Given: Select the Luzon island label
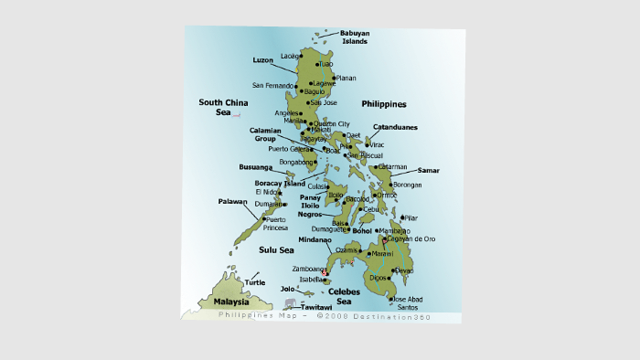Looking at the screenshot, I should (263, 59).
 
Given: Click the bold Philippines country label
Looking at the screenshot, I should (383, 104).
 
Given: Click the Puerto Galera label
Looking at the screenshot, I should (289, 148).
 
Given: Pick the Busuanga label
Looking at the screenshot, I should (255, 168).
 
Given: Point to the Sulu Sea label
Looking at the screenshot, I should (275, 249).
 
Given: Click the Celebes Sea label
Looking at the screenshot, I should (344, 296).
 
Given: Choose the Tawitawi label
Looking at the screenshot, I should (316, 308).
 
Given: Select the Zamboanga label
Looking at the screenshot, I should (308, 270).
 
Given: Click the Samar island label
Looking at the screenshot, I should (428, 171).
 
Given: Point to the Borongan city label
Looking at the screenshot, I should (408, 185).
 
